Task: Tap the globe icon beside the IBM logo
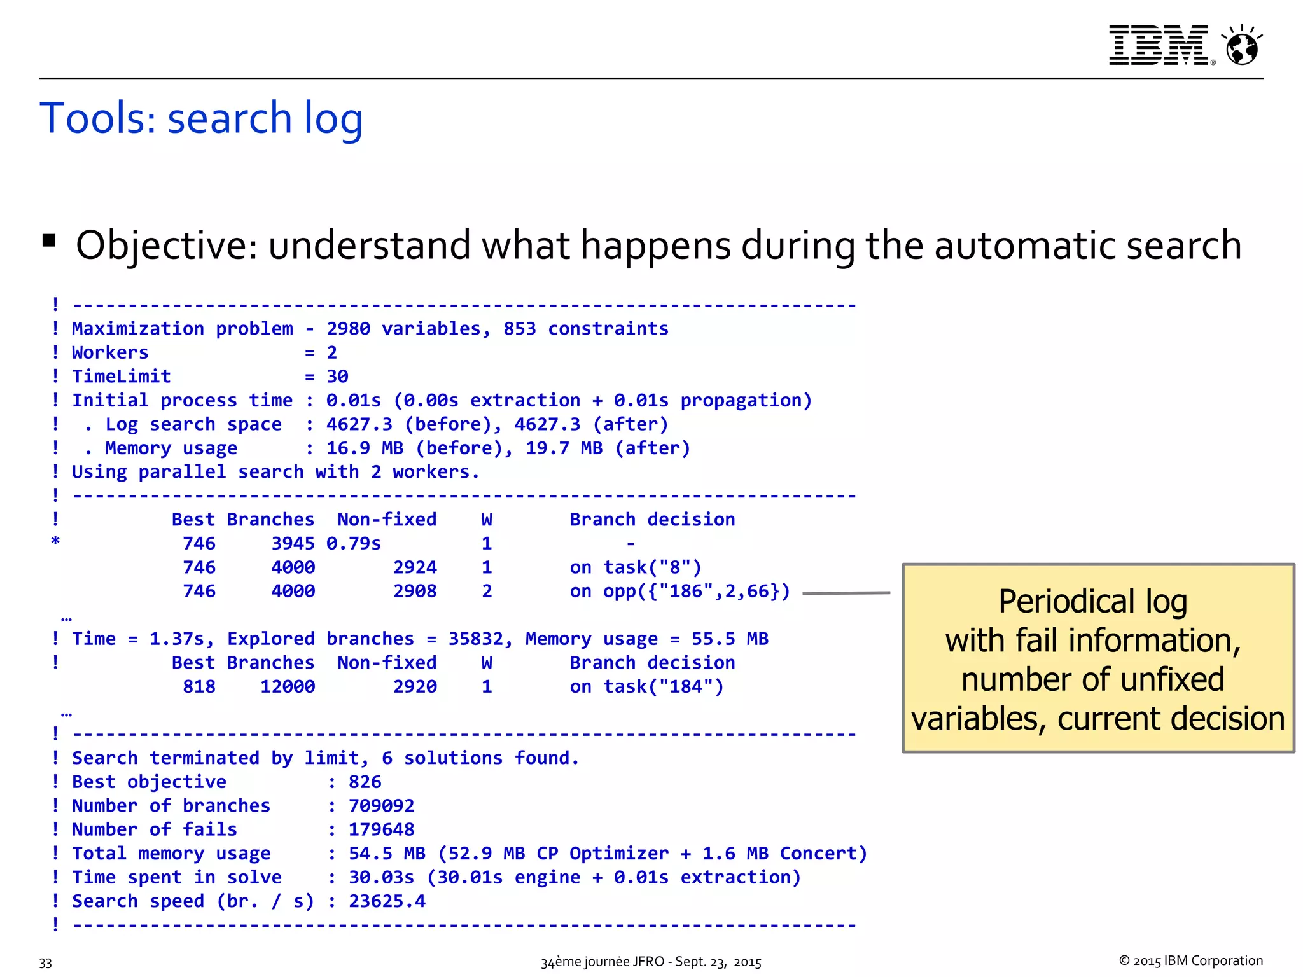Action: click(x=1242, y=46)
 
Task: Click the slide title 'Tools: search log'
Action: click(x=201, y=118)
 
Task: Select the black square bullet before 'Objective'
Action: click(x=49, y=241)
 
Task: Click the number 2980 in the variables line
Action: click(x=348, y=329)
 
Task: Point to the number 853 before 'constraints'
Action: click(x=519, y=329)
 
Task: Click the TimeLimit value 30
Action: click(x=337, y=377)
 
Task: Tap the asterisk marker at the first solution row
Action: click(x=55, y=542)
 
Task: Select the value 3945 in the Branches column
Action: click(x=293, y=544)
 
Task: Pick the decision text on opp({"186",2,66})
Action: click(x=679, y=592)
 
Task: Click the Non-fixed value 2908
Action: click(x=415, y=592)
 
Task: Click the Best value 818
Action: click(x=199, y=687)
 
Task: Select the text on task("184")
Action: click(x=646, y=687)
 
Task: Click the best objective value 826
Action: click(x=365, y=782)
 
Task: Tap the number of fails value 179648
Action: click(x=381, y=830)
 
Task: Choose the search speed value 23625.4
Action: click(x=387, y=901)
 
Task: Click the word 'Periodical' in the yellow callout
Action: click(x=1066, y=602)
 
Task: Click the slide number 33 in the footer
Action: click(x=45, y=963)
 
